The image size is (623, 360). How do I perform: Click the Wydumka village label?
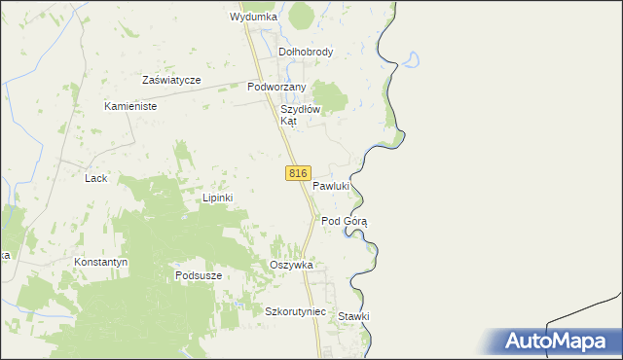click(x=253, y=17)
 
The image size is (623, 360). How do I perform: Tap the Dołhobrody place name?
click(x=306, y=52)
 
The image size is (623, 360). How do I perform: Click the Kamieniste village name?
click(x=129, y=106)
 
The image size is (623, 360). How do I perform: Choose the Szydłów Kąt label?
click(x=300, y=115)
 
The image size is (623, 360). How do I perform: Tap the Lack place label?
click(x=95, y=178)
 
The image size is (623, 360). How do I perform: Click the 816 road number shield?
click(x=298, y=173)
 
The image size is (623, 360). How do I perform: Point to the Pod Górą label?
click(x=344, y=221)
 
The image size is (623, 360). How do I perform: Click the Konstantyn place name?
click(x=101, y=263)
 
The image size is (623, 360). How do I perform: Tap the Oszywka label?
click(x=290, y=265)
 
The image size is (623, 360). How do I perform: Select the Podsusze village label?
click(x=199, y=275)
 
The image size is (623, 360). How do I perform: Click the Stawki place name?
click(x=353, y=316)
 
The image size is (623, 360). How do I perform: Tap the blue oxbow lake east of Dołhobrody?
click(x=412, y=60)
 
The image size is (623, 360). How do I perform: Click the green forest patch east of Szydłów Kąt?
click(x=333, y=95)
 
